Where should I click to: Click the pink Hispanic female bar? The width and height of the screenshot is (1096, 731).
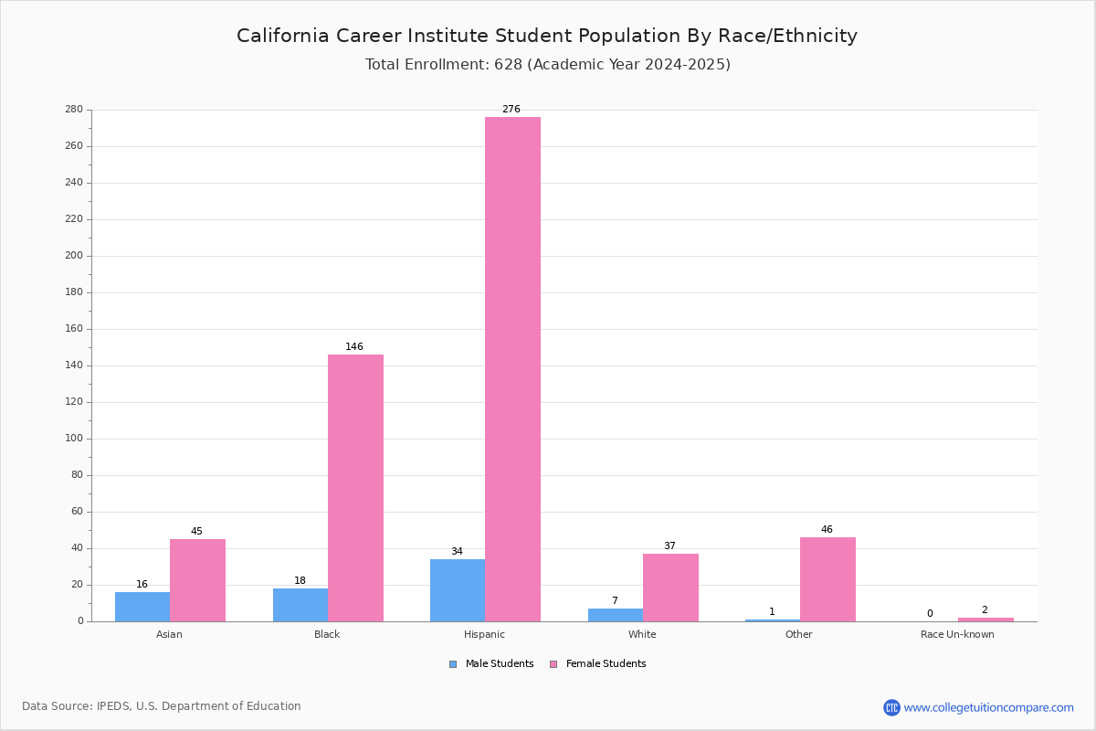coord(512,369)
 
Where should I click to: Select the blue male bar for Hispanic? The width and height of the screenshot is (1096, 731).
coord(458,590)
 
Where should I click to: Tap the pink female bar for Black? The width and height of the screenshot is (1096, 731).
coord(355,488)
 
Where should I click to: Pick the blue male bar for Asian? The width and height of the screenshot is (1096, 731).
coord(142,607)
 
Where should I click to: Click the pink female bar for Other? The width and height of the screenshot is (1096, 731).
coord(827,579)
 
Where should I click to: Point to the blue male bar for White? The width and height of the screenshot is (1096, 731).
coord(616,615)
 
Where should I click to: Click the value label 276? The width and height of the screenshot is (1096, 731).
coord(511,109)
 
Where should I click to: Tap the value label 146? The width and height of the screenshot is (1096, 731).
coord(354,346)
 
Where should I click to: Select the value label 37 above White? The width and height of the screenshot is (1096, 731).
coord(669,546)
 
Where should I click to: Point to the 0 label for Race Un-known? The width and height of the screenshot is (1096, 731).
coord(930,613)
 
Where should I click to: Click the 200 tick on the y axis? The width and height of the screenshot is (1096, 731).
coord(74,256)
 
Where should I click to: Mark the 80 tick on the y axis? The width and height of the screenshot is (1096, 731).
coord(78,474)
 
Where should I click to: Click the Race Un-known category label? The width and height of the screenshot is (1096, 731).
coord(957,634)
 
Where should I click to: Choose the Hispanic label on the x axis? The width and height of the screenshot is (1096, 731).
coord(484,634)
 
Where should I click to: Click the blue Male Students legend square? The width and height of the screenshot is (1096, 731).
coord(453,664)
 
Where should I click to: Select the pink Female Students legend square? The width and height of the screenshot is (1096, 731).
coord(553,664)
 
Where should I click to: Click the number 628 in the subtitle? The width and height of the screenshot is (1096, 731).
coord(509,64)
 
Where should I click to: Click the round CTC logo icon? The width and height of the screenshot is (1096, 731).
coord(891,707)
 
